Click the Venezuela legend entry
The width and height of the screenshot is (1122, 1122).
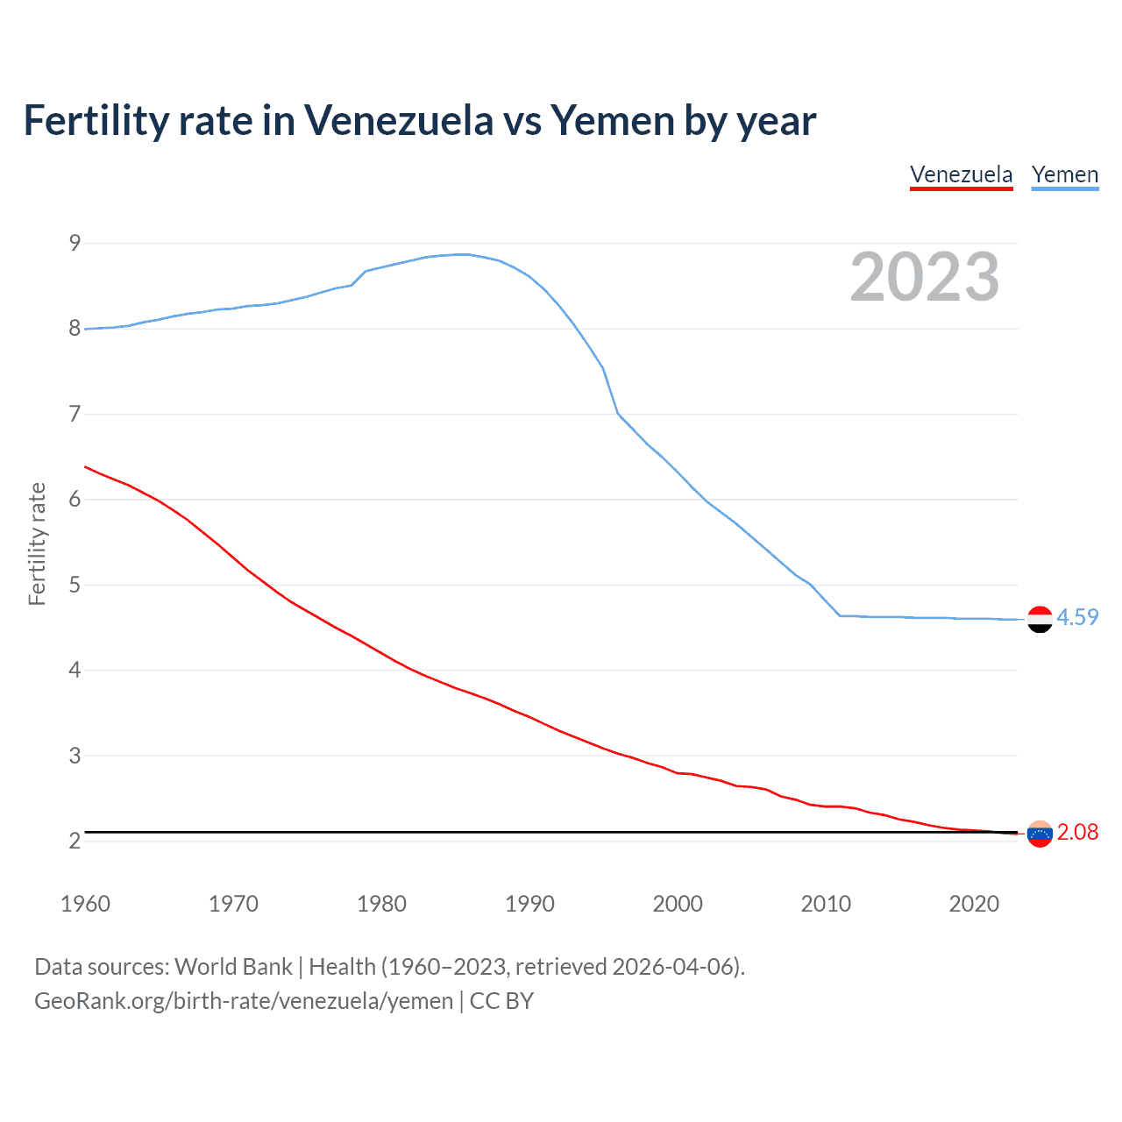[x=961, y=174]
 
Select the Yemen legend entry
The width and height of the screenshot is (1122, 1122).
[x=1064, y=174]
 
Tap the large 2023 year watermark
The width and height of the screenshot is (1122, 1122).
[x=924, y=277]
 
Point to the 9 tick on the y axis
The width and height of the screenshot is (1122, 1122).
[x=75, y=243]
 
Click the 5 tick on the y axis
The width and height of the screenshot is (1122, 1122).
[x=75, y=585]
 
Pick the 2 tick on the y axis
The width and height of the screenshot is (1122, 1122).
[x=75, y=841]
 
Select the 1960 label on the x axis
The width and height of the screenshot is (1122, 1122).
[x=85, y=904]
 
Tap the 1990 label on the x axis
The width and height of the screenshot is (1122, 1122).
[x=529, y=904]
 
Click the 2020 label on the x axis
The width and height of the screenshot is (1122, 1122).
[x=974, y=904]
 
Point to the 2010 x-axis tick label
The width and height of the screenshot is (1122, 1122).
[x=826, y=904]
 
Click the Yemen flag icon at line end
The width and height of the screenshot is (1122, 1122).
[x=1040, y=619]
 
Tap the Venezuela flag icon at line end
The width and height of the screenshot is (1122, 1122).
[x=1040, y=834]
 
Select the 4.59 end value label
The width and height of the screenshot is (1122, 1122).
[x=1077, y=617]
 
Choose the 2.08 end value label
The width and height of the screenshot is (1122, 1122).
[x=1077, y=832]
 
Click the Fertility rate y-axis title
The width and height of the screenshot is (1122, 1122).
[x=37, y=543]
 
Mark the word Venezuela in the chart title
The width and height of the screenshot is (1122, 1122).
[x=399, y=120]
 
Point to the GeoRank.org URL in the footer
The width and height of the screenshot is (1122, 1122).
[x=244, y=1001]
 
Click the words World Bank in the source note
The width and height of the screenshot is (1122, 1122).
[x=233, y=967]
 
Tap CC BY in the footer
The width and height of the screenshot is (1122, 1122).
[x=501, y=1001]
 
